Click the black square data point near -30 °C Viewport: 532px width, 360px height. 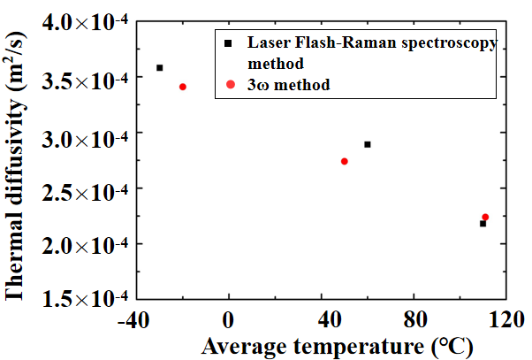160,67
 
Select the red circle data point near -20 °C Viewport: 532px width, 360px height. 183,87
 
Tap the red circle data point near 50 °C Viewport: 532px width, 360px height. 344,161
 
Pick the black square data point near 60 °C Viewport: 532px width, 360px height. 368,144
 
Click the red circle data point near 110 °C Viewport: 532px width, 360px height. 485,217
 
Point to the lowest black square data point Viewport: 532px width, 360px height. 483,224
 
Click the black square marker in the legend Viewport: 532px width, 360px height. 230,42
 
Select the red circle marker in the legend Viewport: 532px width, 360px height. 230,85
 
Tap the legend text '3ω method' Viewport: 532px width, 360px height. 289,85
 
